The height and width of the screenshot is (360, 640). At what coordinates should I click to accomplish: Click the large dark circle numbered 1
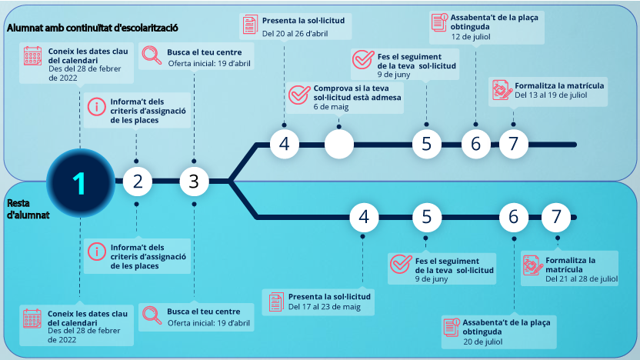click(x=80, y=182)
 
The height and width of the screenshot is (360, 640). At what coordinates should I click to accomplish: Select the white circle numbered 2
click(x=138, y=182)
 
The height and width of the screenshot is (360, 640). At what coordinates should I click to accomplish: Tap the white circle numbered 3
click(x=194, y=182)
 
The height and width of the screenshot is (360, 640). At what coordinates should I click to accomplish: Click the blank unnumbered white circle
click(x=338, y=144)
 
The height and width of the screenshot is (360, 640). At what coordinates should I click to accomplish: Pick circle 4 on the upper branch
click(x=284, y=144)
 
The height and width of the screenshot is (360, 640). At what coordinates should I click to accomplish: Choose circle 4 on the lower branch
click(x=364, y=218)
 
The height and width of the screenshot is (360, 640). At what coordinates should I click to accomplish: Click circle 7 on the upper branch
click(x=513, y=144)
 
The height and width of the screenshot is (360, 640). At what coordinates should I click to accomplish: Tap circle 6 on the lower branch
click(x=513, y=218)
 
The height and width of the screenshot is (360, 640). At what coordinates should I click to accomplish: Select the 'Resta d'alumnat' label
click(x=28, y=209)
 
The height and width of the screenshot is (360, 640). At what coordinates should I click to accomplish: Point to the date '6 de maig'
click(x=331, y=107)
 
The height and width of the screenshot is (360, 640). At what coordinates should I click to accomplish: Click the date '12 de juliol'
click(x=472, y=36)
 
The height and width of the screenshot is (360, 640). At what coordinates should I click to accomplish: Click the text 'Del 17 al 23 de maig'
click(x=324, y=306)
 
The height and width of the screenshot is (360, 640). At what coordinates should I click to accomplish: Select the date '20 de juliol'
click(x=484, y=342)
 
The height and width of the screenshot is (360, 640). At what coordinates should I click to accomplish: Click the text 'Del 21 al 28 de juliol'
click(x=582, y=278)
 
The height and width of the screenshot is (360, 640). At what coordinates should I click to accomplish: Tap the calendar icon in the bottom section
click(x=32, y=318)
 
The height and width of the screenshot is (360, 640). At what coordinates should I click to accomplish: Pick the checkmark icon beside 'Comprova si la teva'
click(x=298, y=94)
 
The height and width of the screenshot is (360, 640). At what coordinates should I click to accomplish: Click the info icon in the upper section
click(x=97, y=107)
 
